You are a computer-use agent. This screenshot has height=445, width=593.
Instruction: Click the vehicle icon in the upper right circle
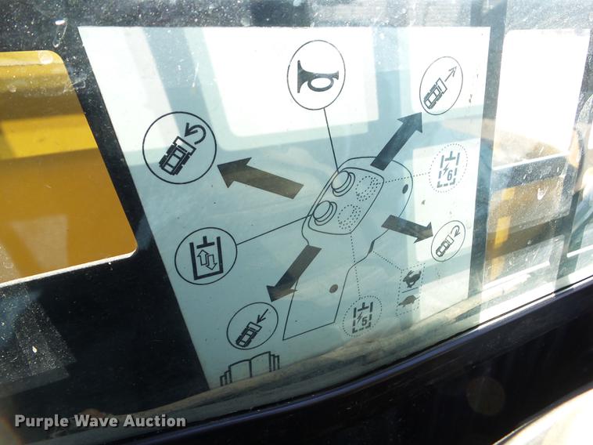(x=440, y=85)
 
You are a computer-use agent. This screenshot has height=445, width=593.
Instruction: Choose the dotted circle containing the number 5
(x=362, y=317)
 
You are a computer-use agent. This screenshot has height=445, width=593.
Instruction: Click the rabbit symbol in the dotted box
(x=410, y=280)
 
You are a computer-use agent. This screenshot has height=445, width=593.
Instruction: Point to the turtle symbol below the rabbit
(x=407, y=301)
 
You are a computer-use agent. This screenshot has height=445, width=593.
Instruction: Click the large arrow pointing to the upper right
(x=397, y=140)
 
